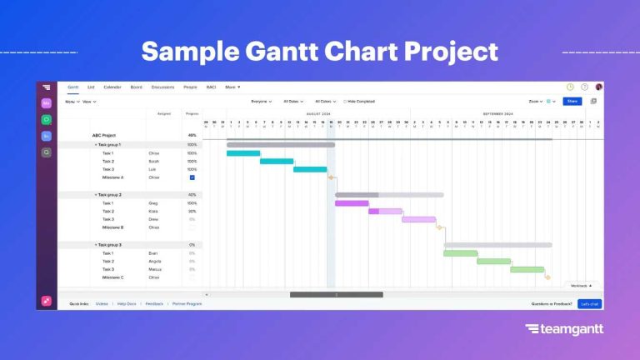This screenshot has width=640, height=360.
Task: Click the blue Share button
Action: tap(572, 102)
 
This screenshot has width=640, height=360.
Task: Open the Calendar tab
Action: tap(112, 87)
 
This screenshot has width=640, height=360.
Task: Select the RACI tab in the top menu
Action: tap(211, 87)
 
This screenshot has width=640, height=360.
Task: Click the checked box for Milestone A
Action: tap(192, 177)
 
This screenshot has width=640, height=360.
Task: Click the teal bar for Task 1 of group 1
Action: tap(243, 153)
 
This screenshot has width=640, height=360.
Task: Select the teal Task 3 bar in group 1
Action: tap(310, 169)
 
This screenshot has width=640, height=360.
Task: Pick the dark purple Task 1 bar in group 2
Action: tap(352, 203)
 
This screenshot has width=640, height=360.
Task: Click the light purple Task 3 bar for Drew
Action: tap(418, 219)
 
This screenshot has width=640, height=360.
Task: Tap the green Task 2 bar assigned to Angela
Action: tap(493, 261)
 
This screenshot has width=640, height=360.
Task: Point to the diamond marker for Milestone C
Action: tap(547, 277)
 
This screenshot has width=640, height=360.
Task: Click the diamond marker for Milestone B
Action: tap(439, 227)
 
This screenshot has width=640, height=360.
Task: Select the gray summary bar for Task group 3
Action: tap(497, 245)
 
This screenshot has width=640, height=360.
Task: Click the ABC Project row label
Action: tap(103, 135)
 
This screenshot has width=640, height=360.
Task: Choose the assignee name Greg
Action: tap(153, 203)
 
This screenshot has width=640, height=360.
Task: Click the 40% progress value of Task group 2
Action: tap(192, 194)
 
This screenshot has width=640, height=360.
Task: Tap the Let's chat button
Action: tap(590, 304)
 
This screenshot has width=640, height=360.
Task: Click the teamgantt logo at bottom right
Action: tap(564, 329)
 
